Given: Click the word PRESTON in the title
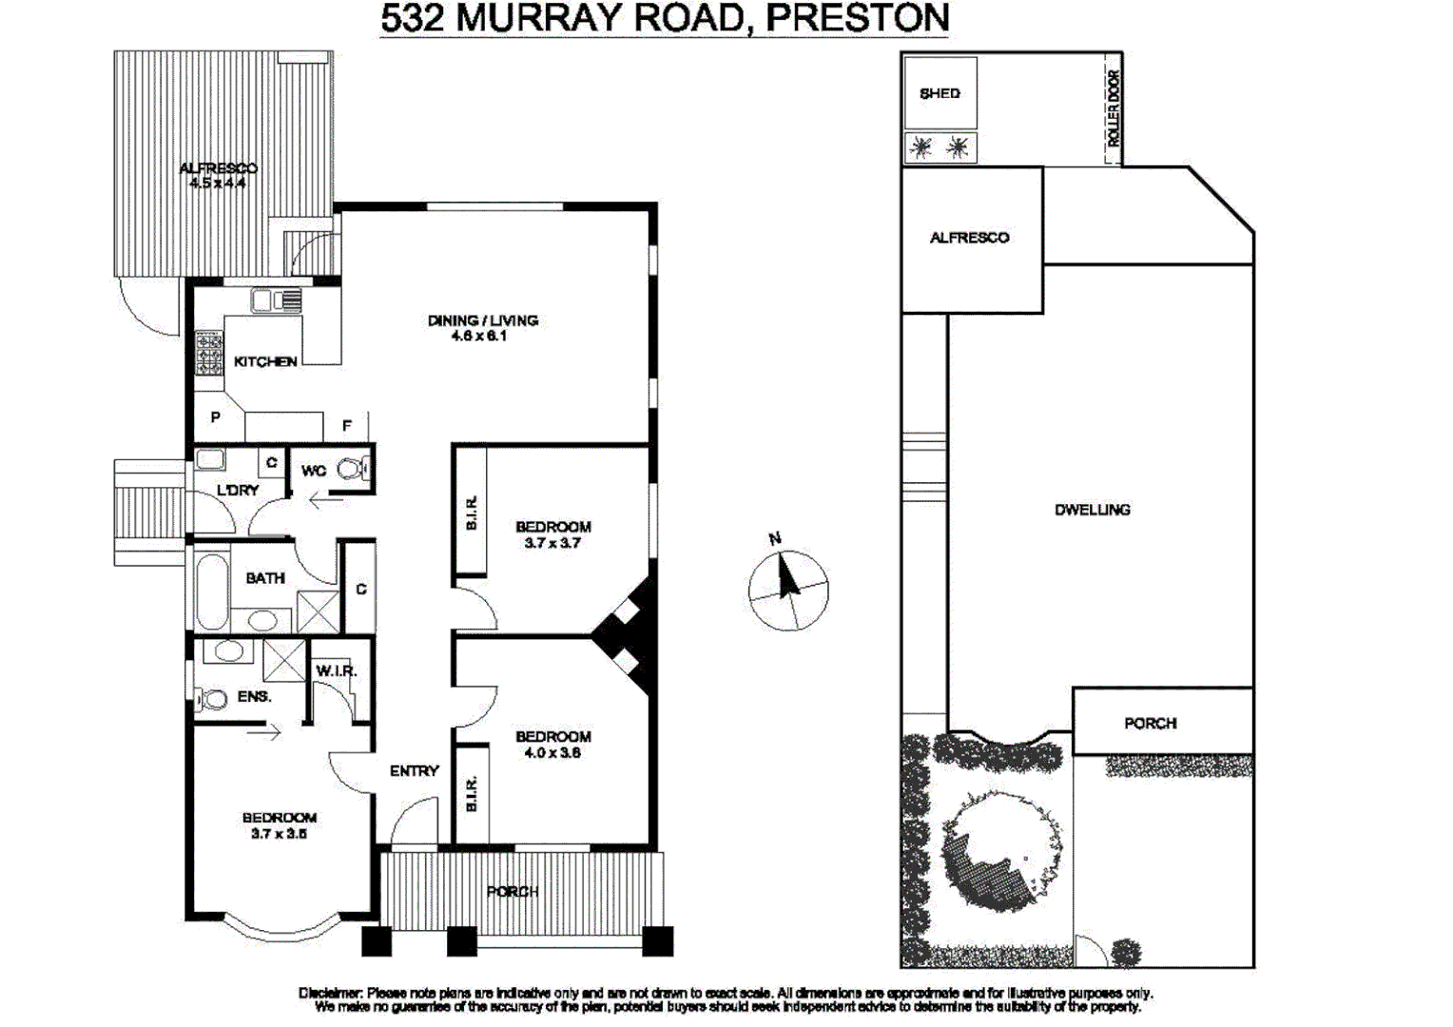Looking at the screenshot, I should coord(857,18).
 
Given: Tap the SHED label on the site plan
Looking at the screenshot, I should coord(940,93).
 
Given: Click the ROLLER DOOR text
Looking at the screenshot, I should coord(1114,107).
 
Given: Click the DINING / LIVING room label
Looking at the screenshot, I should coord(482,320).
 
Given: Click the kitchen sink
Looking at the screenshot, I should coord(275,300).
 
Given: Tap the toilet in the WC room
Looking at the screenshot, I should coord(353,469).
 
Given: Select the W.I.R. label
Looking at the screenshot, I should coord(336,671).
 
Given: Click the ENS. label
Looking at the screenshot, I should coord(254,697).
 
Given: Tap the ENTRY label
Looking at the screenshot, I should coord(414,771).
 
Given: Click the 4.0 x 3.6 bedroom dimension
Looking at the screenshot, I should coord(552,753).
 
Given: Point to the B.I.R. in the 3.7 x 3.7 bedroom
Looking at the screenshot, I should coord(471,513).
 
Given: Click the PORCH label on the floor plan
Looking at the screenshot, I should coord(513,892).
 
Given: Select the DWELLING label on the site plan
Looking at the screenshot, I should coord(1092,510).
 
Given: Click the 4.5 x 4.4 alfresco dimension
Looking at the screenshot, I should coord(218,184).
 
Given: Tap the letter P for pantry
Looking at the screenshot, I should coord(216,417).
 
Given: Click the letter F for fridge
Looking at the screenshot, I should coord(346,426).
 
